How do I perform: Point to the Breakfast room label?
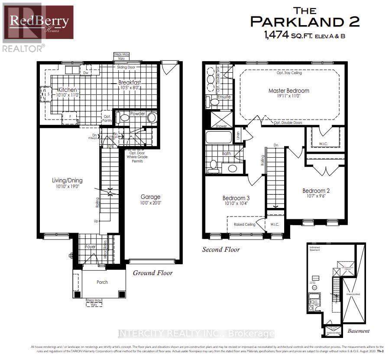(x=130, y=82)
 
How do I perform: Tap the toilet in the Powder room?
(x=124, y=117)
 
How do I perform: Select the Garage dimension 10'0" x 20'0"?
(x=150, y=203)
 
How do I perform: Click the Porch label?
(x=102, y=282)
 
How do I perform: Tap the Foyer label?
(x=90, y=246)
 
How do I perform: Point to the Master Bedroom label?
(x=288, y=91)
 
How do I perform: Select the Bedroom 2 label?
(x=316, y=191)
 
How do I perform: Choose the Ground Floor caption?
(x=152, y=273)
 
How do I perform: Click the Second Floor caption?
(x=221, y=250)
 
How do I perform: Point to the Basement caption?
(x=358, y=331)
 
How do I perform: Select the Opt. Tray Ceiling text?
(x=289, y=73)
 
